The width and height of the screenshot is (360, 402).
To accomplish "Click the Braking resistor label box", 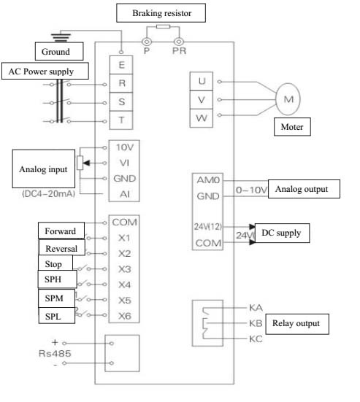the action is click(x=161, y=13).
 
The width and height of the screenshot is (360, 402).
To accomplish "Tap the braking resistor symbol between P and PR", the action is click(x=163, y=26).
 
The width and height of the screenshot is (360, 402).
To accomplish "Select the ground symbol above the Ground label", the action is click(x=61, y=37).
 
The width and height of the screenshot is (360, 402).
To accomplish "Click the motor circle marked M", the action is click(x=288, y=99).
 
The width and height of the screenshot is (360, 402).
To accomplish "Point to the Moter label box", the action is click(x=292, y=127).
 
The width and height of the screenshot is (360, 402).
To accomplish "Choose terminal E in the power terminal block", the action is click(x=121, y=65).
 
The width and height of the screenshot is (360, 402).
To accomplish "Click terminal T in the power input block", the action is click(x=121, y=120).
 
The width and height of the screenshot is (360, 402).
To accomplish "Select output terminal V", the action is click(x=202, y=100).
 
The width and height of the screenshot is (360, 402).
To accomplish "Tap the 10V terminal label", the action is click(x=125, y=147).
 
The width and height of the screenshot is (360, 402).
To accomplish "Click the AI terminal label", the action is click(x=125, y=194).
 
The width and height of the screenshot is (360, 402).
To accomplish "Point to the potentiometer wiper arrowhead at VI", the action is click(x=86, y=163).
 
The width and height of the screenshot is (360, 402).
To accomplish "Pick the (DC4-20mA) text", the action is click(x=49, y=193).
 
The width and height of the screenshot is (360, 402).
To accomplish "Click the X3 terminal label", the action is click(x=125, y=269).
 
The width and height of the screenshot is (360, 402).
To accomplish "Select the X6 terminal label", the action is click(x=125, y=316).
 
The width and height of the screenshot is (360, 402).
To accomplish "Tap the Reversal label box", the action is click(x=61, y=247).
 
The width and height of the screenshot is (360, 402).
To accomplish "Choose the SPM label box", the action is click(x=57, y=298).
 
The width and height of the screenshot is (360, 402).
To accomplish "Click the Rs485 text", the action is click(x=55, y=354).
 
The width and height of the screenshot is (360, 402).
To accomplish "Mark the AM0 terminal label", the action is click(x=208, y=180).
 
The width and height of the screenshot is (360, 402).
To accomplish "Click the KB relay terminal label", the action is click(x=256, y=323).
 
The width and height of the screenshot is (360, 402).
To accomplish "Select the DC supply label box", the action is click(x=282, y=233).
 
